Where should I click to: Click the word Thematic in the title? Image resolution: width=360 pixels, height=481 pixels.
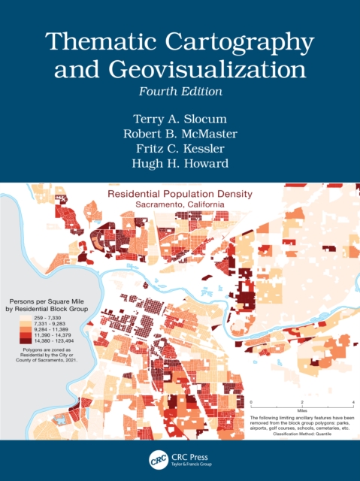point(87,44)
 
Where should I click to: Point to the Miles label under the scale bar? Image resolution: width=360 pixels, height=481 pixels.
point(301,411)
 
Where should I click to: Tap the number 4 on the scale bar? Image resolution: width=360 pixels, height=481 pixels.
point(352,404)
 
